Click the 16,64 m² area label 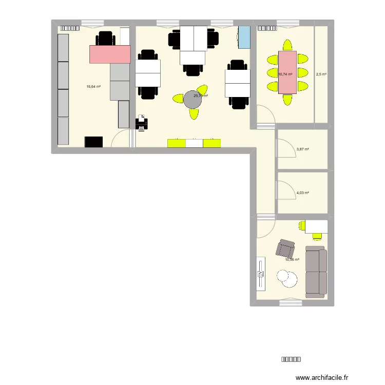pyautogui.click(x=93, y=87)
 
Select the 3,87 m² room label pyautogui.click(x=303, y=149)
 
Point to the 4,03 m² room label pyautogui.click(x=303, y=193)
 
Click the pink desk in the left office pyautogui.click(x=110, y=54)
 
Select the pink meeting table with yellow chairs pyautogui.click(x=287, y=72)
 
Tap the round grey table pyautogui.click(x=194, y=100)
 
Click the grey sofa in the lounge pyautogui.click(x=316, y=272)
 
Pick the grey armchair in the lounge pyautogui.click(x=285, y=249)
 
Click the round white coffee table pyautogui.click(x=288, y=279)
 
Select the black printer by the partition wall pyautogui.click(x=141, y=123)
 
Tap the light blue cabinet pyautogui.click(x=244, y=37)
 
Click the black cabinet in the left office pyautogui.click(x=94, y=142)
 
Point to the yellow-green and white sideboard pyautogui.click(x=194, y=143)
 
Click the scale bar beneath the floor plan pyautogui.click(x=291, y=360)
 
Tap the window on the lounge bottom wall pyautogui.click(x=291, y=303)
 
